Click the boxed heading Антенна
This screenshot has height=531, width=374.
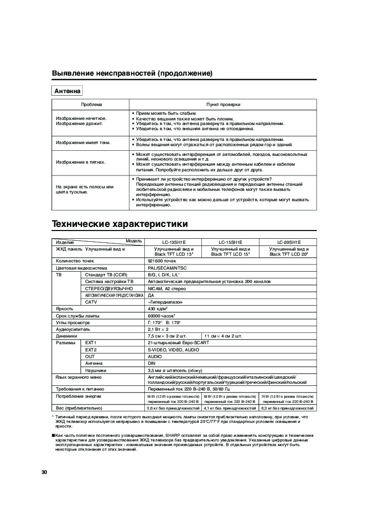tap(68, 91)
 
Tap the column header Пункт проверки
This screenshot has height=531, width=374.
tap(223, 104)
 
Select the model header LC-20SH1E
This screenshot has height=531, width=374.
tap(289, 242)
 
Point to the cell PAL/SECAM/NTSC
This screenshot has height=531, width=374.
tap(165, 268)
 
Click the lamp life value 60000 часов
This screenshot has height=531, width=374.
tap(161, 315)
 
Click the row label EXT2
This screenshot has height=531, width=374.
tap(91, 349)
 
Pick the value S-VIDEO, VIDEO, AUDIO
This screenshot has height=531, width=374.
tap(173, 349)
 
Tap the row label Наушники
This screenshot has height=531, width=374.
tap(96, 369)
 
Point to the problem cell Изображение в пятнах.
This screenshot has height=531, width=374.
tap(81, 162)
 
